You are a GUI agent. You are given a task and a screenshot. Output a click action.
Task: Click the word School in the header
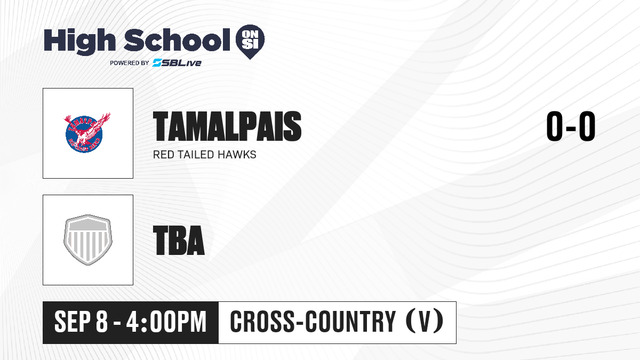click(177, 40)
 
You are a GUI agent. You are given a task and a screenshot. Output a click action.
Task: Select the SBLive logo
click(177, 63)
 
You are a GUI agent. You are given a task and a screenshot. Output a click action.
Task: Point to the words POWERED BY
click(129, 63)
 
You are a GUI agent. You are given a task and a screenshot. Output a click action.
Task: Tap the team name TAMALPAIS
click(227, 126)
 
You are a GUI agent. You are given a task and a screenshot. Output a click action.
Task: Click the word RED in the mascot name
click(163, 155)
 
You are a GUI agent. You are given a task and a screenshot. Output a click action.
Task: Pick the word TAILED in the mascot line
click(196, 155)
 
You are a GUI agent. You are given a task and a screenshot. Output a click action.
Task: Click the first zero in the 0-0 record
click(554, 126)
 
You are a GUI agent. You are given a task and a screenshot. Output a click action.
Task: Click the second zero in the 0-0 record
click(587, 126)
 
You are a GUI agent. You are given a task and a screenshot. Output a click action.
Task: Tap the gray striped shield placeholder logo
click(88, 240)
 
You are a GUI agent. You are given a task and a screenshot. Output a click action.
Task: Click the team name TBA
click(179, 240)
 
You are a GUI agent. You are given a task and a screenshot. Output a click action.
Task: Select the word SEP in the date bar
click(73, 322)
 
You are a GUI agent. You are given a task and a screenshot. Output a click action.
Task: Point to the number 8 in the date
click(102, 322)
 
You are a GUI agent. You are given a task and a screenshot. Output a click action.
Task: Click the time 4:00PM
click(166, 322)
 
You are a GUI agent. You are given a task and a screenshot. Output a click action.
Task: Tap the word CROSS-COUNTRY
click(313, 322)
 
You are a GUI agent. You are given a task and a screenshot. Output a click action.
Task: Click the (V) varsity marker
click(425, 322)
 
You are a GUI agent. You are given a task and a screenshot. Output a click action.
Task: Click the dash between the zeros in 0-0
click(571, 127)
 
